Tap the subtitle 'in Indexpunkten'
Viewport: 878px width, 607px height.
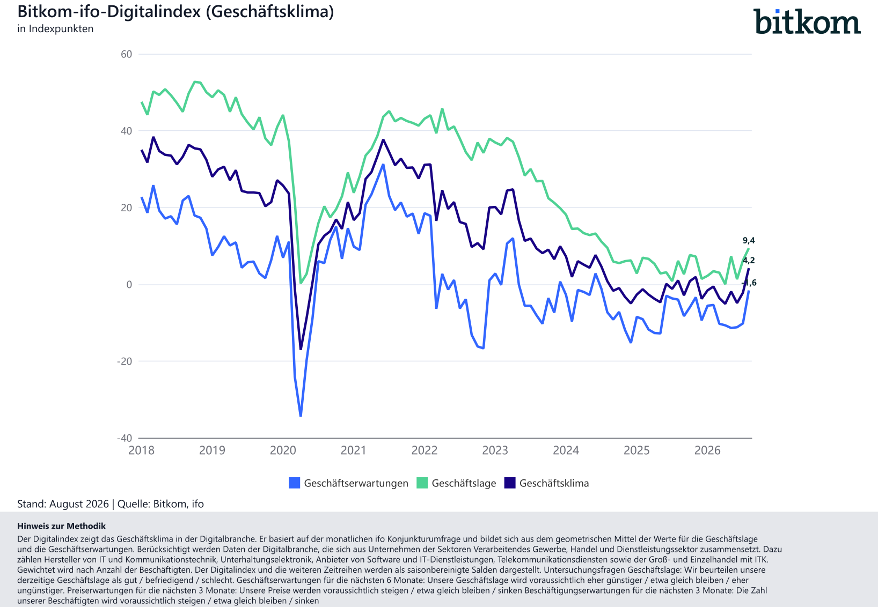click(55, 29)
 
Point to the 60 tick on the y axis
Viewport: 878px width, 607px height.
click(126, 54)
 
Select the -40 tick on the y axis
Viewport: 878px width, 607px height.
click(125, 438)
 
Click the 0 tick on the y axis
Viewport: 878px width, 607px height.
click(129, 285)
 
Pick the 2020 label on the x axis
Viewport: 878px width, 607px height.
click(283, 450)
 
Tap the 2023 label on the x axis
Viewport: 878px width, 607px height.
click(495, 450)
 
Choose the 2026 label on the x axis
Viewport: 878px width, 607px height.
click(707, 450)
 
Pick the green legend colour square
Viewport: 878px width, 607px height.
click(422, 483)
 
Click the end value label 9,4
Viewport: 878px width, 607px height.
click(749, 240)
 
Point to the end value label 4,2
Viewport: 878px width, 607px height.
click(749, 261)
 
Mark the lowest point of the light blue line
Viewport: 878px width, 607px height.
click(301, 416)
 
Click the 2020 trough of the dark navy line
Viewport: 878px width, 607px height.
click(301, 349)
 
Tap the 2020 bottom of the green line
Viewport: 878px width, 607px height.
click(301, 283)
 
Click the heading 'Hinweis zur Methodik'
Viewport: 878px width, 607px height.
click(62, 526)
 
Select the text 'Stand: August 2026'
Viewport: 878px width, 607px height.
click(63, 504)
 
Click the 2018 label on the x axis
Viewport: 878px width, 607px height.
click(142, 450)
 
